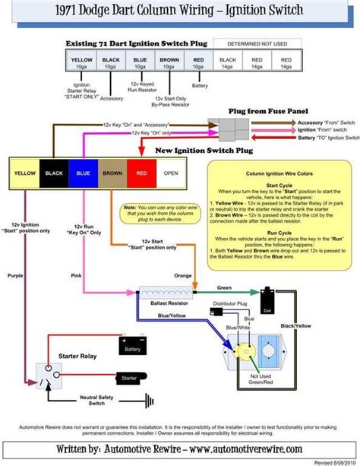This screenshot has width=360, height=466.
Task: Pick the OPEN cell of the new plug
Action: point(170,173)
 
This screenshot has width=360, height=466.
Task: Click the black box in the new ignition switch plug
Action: point(54,173)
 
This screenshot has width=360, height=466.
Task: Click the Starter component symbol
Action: point(129,377)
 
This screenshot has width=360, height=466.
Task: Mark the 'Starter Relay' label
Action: point(75,355)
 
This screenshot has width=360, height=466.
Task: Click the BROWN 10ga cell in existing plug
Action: point(169,63)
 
